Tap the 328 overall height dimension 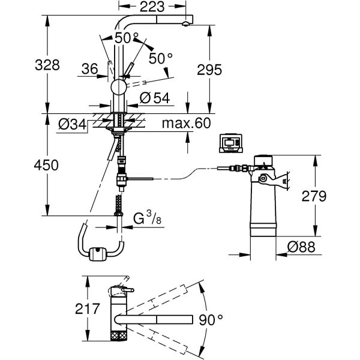pos(47,65)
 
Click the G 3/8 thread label pos(146,219)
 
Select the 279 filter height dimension pos(314,196)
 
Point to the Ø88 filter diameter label pos(298,245)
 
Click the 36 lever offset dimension pos(89,70)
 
